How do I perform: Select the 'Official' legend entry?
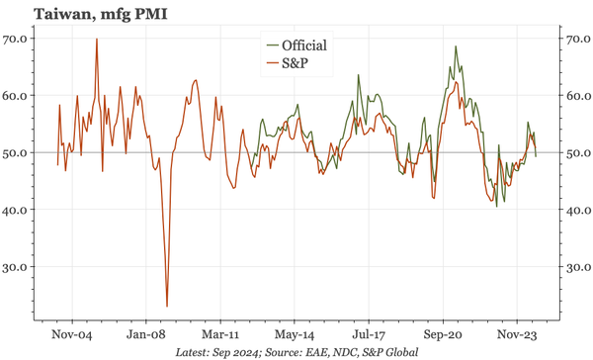tap(303, 45)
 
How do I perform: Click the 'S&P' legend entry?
tap(296, 64)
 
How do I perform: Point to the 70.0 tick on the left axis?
tap(19, 39)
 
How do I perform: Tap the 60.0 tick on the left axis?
tap(19, 96)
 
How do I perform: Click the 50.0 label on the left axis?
tap(19, 153)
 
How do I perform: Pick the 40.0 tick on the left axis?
tap(19, 210)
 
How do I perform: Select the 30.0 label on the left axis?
tap(19, 267)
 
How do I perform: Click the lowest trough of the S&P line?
tap(166, 306)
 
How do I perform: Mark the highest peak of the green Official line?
tap(456, 46)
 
